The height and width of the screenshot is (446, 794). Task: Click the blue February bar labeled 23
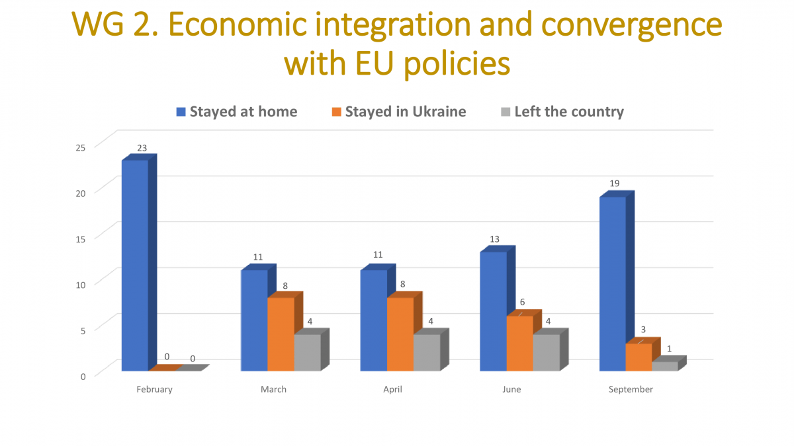(x=135, y=264)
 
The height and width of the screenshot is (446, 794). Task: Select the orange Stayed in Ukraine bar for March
(x=281, y=334)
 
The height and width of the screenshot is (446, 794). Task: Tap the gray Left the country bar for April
(x=427, y=352)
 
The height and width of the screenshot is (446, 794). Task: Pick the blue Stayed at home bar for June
(x=494, y=311)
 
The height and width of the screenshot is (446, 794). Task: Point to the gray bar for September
(x=665, y=366)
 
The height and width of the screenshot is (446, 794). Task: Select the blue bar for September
(x=613, y=284)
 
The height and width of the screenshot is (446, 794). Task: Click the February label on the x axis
(x=154, y=389)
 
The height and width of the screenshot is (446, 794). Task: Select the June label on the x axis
(x=511, y=389)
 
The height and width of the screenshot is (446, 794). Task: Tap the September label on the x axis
(x=631, y=389)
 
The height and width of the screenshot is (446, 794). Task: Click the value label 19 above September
(x=614, y=183)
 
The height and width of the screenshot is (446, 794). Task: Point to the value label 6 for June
(x=521, y=302)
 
